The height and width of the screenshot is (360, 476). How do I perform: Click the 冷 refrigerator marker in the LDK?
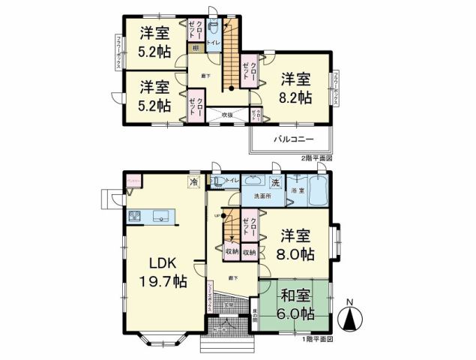(194, 181)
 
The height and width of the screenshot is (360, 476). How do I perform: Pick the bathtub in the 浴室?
(318, 192)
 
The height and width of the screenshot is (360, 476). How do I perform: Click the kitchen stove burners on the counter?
(136, 217)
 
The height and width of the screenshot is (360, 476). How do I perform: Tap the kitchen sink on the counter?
(162, 217)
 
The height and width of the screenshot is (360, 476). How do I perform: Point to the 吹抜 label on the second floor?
(226, 114)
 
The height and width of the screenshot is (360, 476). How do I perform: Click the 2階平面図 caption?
(315, 159)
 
